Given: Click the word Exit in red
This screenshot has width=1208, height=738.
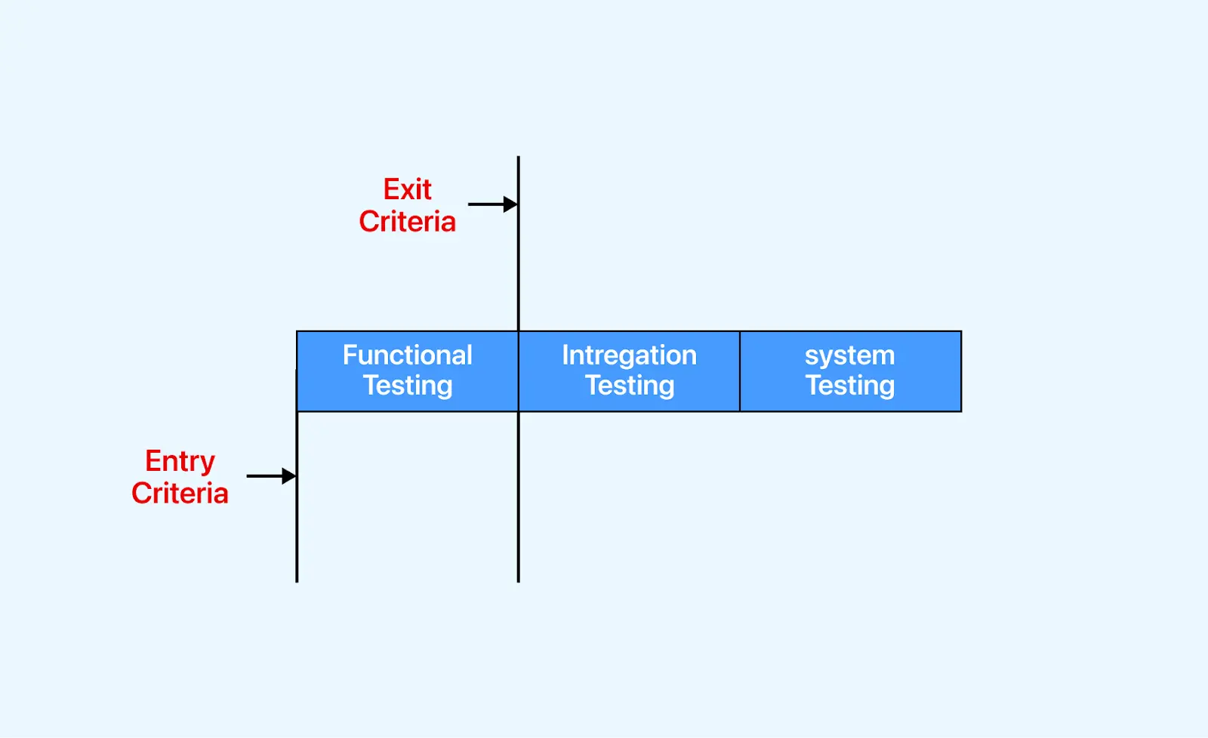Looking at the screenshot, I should point(407,189).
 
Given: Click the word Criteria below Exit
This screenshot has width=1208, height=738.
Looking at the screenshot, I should point(407,222).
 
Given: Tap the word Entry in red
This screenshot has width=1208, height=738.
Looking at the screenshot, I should point(180,460).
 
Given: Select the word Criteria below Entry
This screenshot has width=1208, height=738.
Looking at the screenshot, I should point(180,494).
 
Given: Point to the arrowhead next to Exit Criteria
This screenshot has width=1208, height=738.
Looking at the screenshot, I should point(511,204).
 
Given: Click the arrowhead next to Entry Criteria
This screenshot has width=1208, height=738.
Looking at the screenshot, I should point(289,476).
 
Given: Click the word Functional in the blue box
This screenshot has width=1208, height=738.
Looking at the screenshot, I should point(407,355).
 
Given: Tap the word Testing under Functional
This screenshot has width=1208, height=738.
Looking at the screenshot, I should point(407,386).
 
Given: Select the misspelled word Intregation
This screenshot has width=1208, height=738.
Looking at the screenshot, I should point(629,355).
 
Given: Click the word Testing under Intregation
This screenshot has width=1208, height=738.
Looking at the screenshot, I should point(629,386).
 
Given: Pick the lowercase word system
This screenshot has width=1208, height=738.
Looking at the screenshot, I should point(849,355).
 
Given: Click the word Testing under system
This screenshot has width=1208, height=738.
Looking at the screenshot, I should point(849,386).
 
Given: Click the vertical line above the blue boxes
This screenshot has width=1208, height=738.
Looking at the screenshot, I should point(519,264).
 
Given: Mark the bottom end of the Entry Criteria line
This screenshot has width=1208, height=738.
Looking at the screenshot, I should point(297,580).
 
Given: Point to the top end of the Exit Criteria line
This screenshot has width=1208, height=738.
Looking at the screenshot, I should point(519,158).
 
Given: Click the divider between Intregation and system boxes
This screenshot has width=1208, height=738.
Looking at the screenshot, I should point(740,371).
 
